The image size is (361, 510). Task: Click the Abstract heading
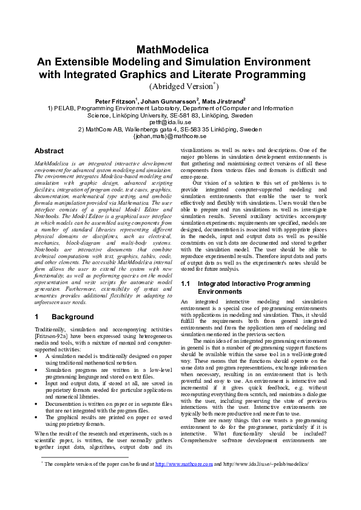click(49, 151)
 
